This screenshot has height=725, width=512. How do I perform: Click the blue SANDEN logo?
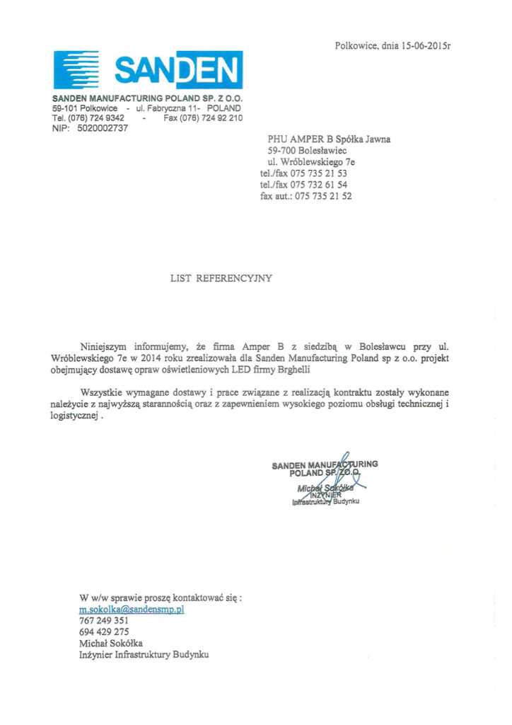148,69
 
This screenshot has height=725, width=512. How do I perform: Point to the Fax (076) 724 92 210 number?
203,118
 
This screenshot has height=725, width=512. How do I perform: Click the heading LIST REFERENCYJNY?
221,278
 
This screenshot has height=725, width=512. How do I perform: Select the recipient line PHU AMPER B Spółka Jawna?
329,139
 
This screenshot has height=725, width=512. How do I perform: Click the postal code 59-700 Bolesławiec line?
308,150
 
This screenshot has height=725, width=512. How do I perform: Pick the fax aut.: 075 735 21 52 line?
306,196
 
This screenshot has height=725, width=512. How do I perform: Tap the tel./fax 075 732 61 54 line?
304,184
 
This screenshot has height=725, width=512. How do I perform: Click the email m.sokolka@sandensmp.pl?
132,609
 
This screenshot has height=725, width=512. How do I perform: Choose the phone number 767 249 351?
104,620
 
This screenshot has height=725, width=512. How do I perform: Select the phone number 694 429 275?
104,632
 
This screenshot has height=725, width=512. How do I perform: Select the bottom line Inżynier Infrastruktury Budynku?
144,655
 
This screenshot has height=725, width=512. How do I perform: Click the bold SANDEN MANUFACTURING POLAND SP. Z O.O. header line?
147,98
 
